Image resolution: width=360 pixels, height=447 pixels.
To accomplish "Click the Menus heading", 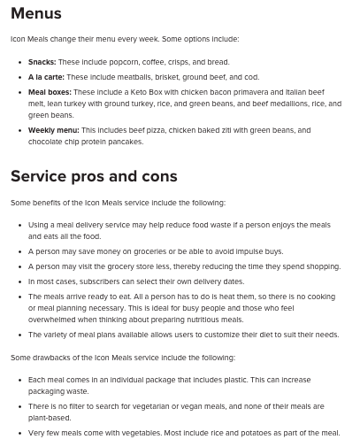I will pos(36,13).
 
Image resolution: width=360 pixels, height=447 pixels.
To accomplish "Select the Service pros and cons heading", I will pos(94,176).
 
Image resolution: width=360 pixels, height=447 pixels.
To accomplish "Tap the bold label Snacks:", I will pos(42,62).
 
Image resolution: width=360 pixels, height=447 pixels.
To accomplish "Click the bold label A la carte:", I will pos(46,77).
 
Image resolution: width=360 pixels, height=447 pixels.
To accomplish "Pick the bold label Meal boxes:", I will pos(50,92).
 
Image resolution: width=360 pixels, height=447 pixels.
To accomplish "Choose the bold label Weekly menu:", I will pos(53,130).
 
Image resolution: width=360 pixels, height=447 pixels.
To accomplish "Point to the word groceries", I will pos(157,251).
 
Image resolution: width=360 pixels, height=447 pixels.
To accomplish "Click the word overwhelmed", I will pos(55,320).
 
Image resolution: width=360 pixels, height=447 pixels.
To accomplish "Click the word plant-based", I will pos(50,418).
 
